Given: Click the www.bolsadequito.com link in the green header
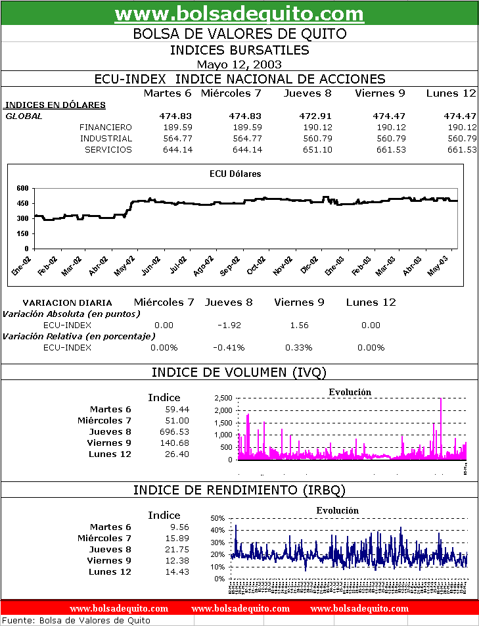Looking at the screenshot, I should (239, 13).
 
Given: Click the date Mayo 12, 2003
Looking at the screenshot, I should (239, 64).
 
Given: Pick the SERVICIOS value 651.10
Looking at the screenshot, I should (317, 149).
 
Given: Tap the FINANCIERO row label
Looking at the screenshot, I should (105, 127).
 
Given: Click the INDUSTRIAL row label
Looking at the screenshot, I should (106, 138).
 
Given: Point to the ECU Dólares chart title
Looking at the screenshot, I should (235, 174).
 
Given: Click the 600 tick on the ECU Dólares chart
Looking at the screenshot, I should (22, 188).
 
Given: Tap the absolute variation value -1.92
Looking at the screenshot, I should (229, 325).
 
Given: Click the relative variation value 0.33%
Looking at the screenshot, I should (299, 347).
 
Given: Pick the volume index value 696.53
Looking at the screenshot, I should (174, 431).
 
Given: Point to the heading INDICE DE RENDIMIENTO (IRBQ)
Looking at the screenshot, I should (239, 490).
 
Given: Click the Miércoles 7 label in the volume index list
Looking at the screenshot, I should (104, 420).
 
